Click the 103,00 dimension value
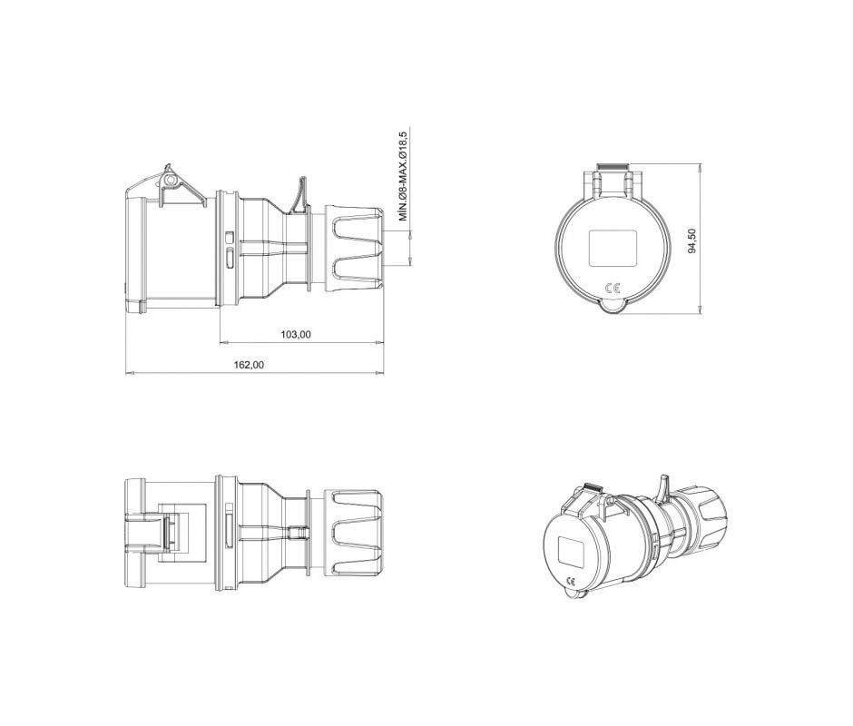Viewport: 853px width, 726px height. (x=296, y=334)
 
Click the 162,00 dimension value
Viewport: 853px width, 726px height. (x=249, y=365)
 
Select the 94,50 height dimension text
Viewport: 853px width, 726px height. (x=692, y=240)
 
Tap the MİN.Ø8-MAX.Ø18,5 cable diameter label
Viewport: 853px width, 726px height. (x=403, y=176)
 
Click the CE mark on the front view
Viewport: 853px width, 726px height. (x=612, y=289)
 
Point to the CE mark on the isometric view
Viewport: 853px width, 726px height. (x=571, y=580)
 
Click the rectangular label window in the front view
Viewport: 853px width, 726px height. (x=613, y=248)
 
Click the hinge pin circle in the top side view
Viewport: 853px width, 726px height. (x=171, y=179)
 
